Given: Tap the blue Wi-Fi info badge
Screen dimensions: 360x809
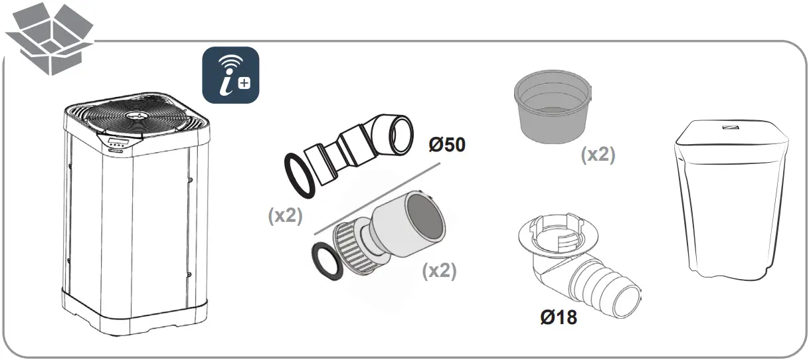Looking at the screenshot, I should [230, 74].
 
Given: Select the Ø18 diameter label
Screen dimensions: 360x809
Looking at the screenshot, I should [558, 317].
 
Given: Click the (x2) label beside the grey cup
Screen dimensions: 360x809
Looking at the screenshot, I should [598, 155].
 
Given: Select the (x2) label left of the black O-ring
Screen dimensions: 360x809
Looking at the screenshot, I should [286, 216].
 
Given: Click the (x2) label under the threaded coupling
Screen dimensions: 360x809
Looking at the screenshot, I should [439, 270].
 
